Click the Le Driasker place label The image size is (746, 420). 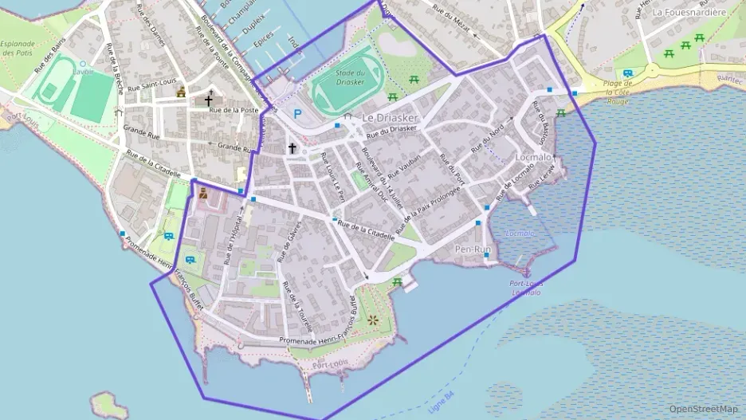pos(390,117)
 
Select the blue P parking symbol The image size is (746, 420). pos(298,113)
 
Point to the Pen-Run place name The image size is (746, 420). pos(473,249)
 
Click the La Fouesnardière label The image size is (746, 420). pos(689,12)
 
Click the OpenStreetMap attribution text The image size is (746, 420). pos(703,409)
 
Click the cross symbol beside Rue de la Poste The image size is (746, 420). pos(209,100)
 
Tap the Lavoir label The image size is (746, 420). pos(81,71)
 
